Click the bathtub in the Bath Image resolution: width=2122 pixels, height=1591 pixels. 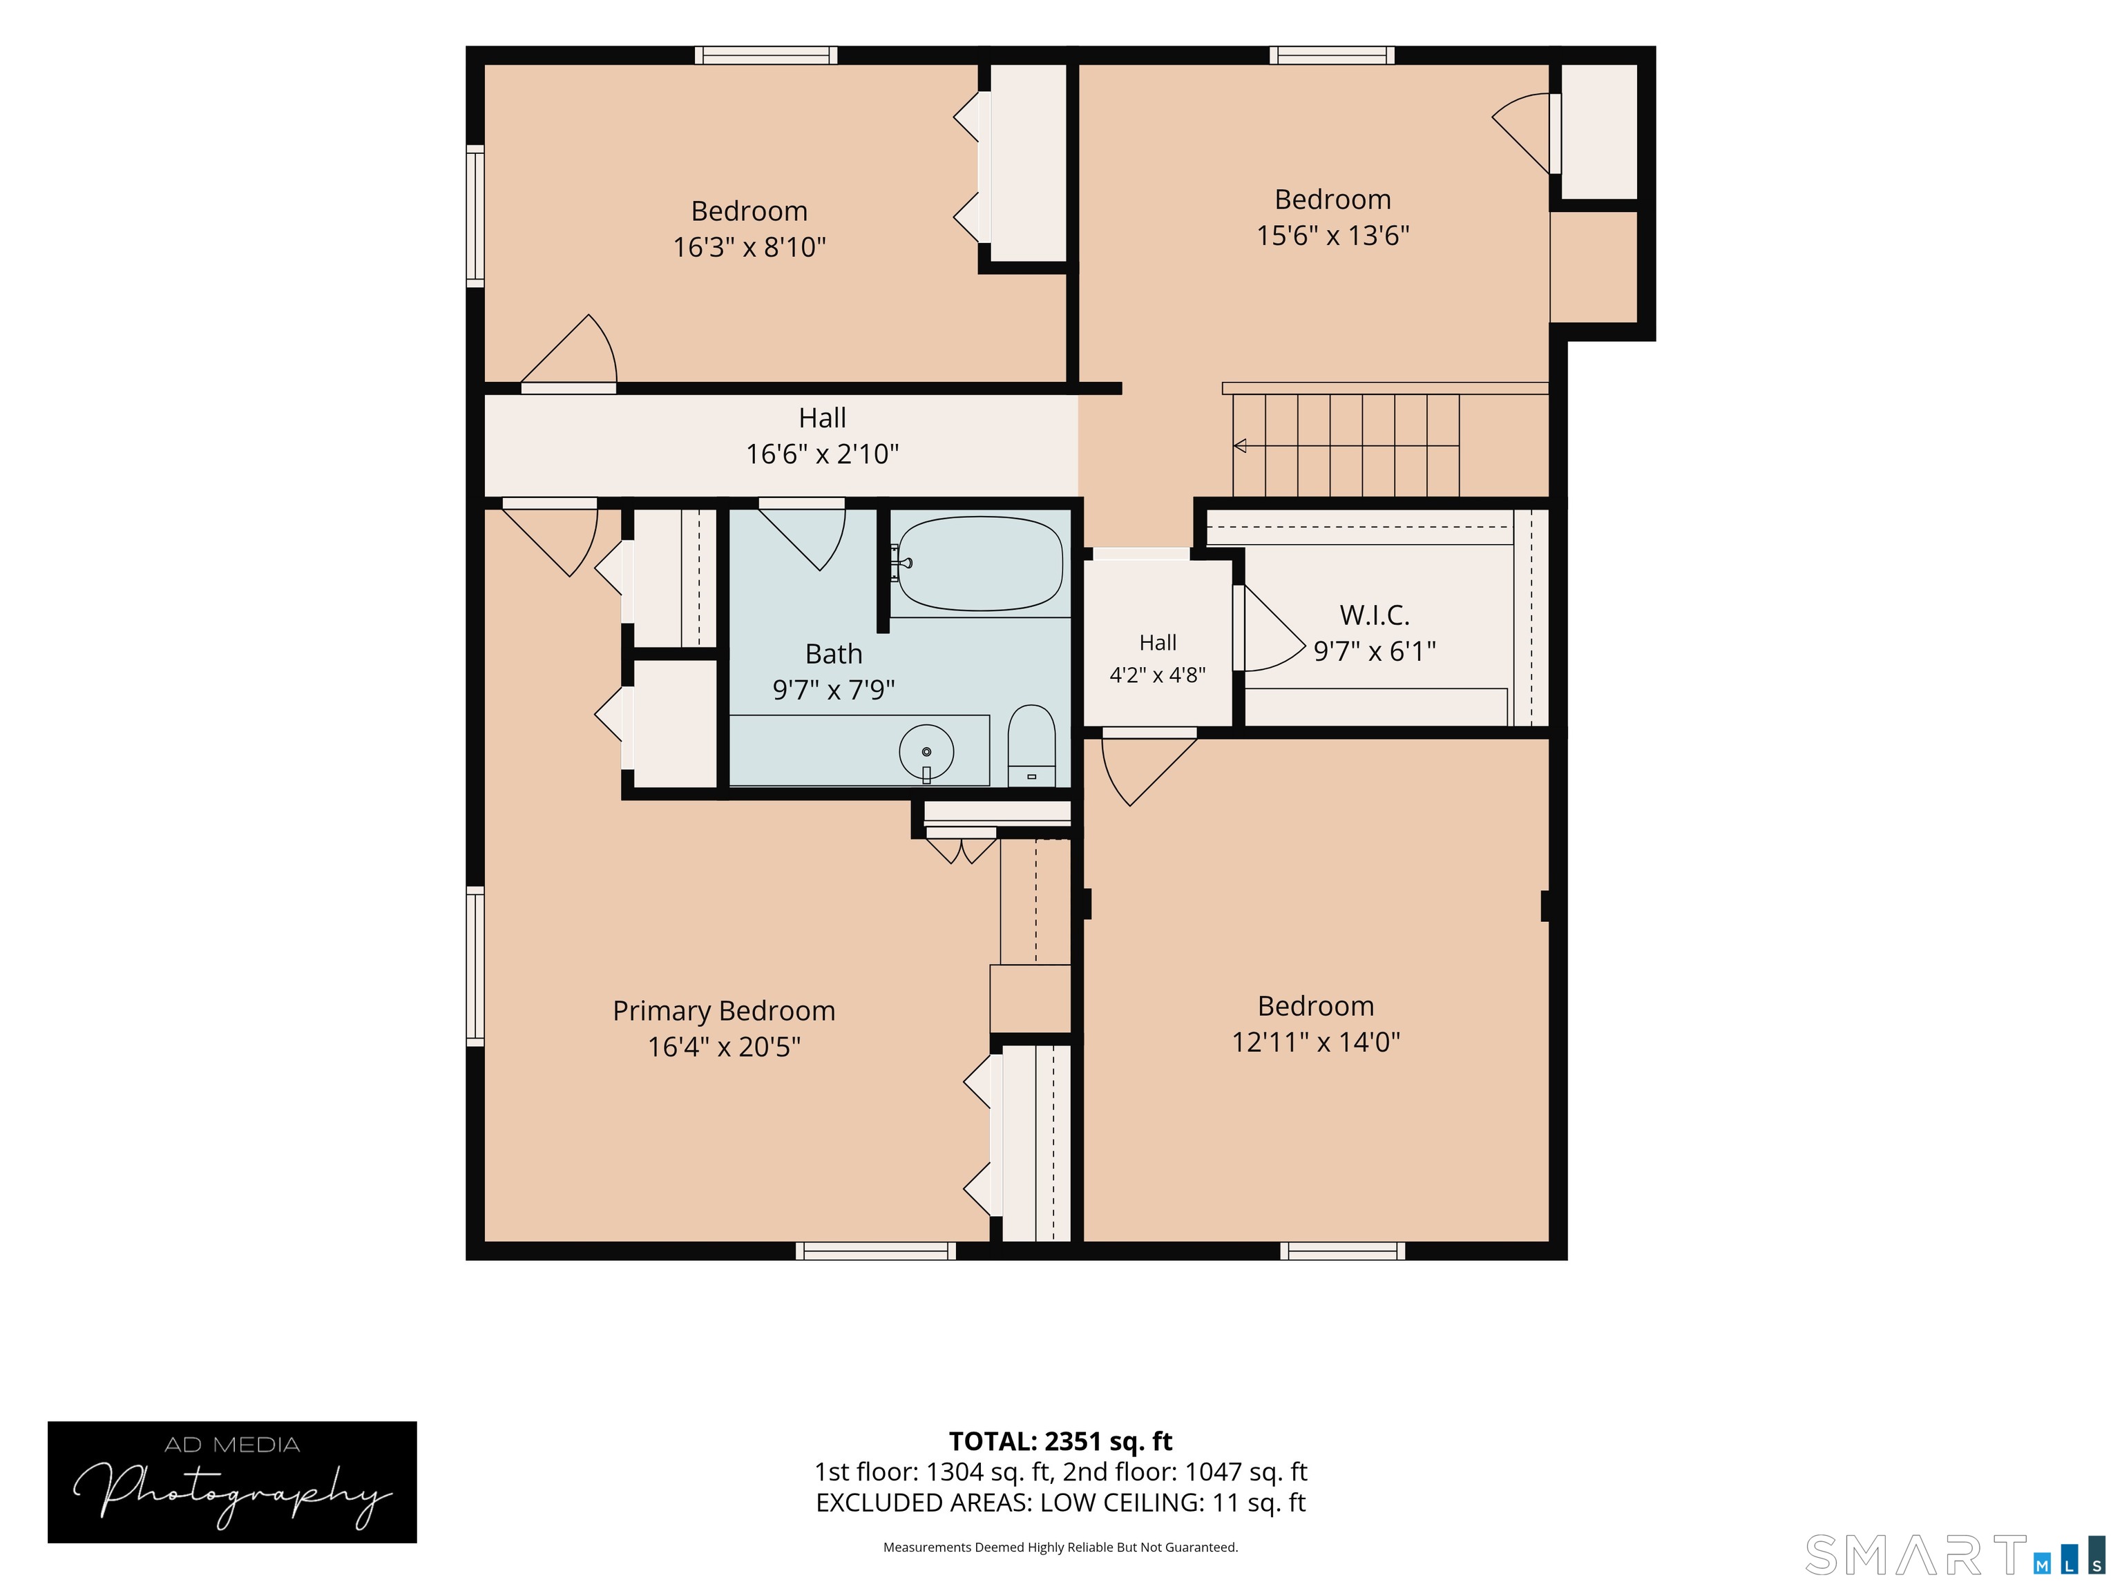coord(979,564)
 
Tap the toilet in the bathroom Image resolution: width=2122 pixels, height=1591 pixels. coord(1031,746)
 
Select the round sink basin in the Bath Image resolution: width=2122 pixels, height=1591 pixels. coord(926,752)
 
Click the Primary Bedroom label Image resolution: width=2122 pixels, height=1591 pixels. coord(725,1011)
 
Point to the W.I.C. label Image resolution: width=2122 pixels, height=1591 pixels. coord(1375,615)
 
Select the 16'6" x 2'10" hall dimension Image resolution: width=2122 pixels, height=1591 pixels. coord(822,454)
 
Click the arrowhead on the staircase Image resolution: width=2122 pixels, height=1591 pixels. coord(1239,446)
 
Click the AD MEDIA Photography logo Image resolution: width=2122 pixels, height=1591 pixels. coord(232,1482)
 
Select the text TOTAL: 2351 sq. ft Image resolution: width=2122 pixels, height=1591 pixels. coord(1060,1441)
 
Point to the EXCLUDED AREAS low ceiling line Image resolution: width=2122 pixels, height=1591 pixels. coord(1060,1503)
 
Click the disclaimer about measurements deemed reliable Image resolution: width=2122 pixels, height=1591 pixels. coord(1060,1547)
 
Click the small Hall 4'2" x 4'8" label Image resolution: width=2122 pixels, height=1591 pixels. coord(1158,659)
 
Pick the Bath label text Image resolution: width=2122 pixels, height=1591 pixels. coord(834,654)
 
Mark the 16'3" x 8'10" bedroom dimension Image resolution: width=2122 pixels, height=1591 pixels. coord(749,247)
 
